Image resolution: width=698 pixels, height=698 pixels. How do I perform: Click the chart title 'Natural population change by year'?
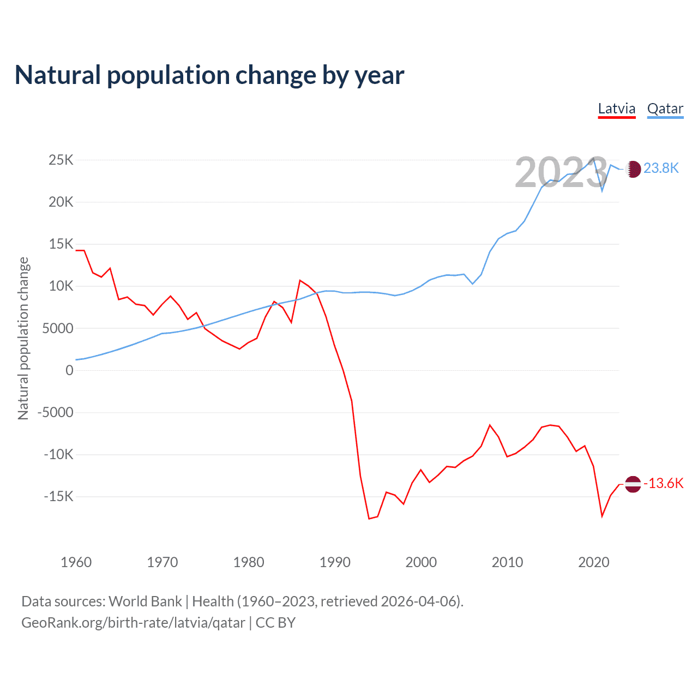209,75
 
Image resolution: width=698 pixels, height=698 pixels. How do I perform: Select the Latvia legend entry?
617,109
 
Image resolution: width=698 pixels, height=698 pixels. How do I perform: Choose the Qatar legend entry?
665,109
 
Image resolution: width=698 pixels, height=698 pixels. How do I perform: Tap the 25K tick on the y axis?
61,160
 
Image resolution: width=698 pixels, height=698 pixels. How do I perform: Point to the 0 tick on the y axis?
69,370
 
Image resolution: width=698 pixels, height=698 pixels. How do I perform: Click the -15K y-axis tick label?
58,496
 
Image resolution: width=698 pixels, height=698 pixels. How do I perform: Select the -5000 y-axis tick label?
55,412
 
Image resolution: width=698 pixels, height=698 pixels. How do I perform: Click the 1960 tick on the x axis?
76,562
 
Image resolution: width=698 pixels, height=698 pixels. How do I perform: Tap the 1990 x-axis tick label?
335,562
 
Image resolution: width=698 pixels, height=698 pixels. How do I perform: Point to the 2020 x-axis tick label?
593,562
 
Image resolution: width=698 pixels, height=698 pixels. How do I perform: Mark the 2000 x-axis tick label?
421,562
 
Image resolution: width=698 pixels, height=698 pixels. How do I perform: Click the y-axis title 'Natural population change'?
23,338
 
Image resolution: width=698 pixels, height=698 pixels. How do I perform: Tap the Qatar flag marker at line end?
633,169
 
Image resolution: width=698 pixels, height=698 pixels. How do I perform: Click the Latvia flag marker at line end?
633,484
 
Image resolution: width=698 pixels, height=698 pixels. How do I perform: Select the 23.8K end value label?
661,168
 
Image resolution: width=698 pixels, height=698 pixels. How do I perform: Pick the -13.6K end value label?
664,484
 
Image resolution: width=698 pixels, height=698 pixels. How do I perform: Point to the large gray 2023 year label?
561,173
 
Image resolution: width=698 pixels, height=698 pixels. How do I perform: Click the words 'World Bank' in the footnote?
145,601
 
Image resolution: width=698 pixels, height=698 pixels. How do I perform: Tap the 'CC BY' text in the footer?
275,623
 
